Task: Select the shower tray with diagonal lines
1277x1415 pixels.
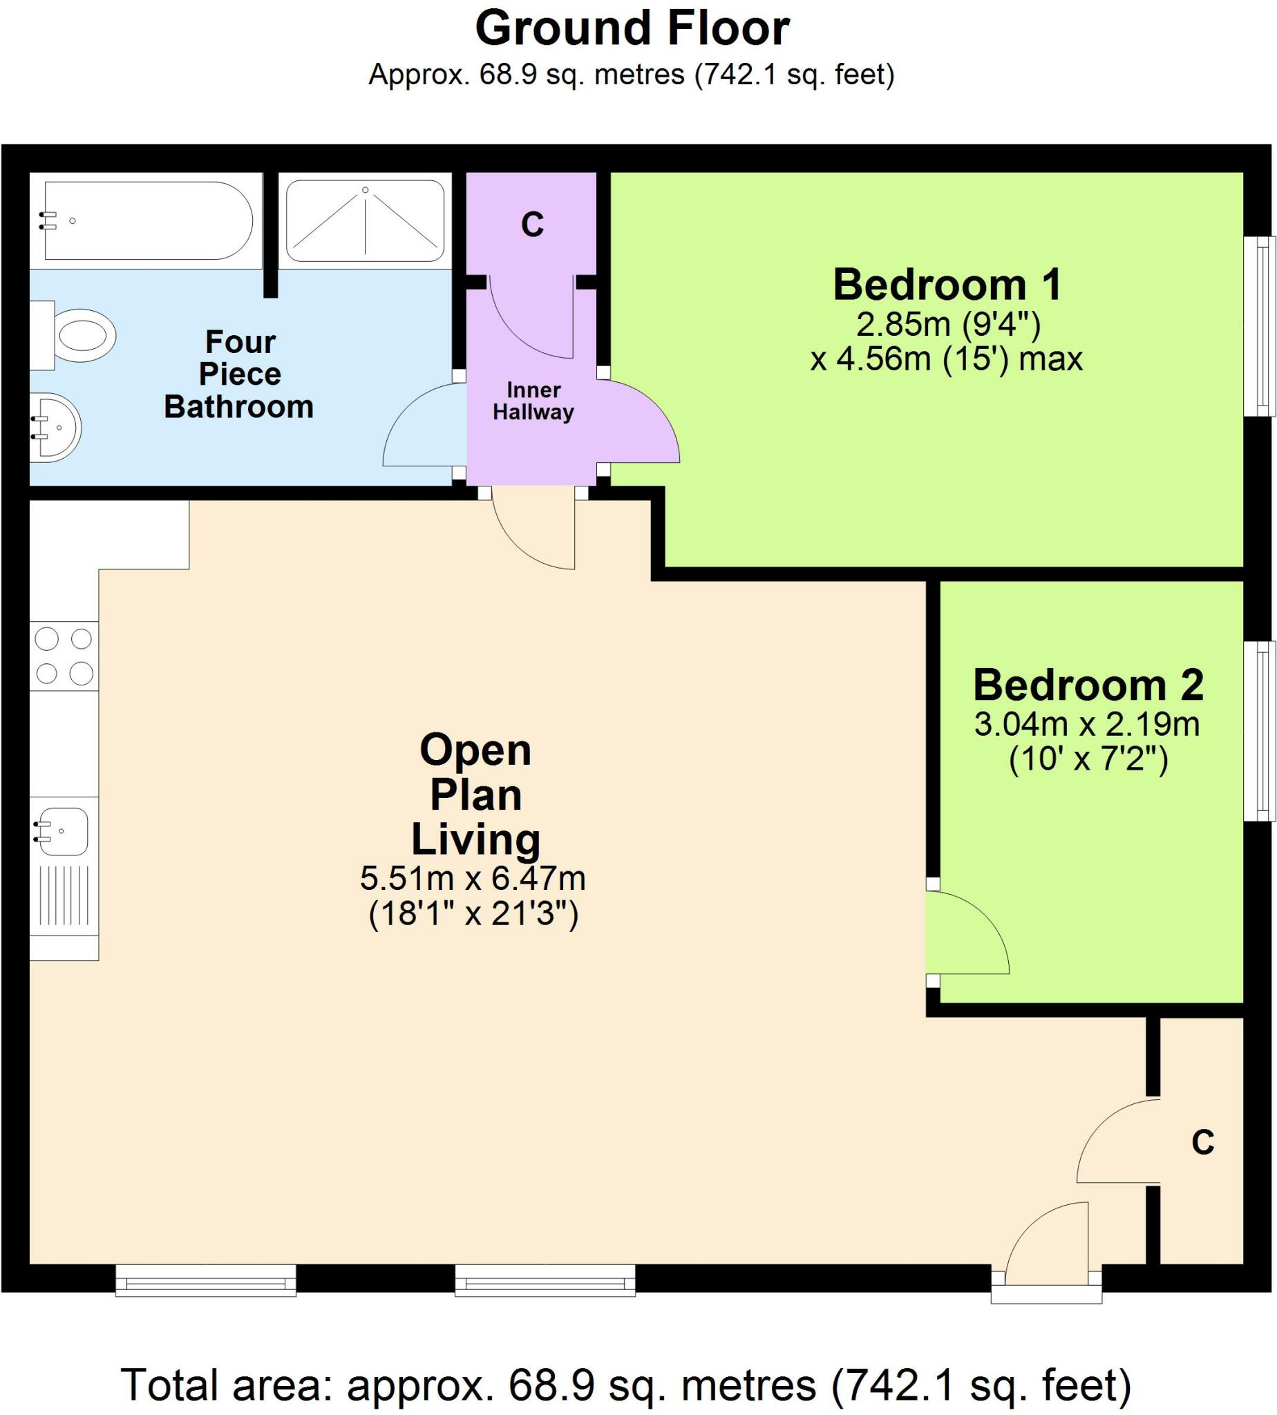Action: click(365, 220)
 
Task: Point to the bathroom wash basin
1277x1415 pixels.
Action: click(56, 426)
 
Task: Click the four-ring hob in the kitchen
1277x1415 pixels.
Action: click(64, 656)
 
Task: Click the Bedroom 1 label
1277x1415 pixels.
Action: click(947, 285)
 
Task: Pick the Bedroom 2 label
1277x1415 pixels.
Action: click(1088, 685)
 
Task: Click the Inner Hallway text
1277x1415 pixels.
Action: click(533, 401)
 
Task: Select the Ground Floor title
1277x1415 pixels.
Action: click(632, 29)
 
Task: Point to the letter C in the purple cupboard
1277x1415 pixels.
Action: click(533, 225)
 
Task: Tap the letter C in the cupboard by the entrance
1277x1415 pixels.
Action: click(1202, 1143)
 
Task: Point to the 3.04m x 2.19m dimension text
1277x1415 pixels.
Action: click(1087, 724)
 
